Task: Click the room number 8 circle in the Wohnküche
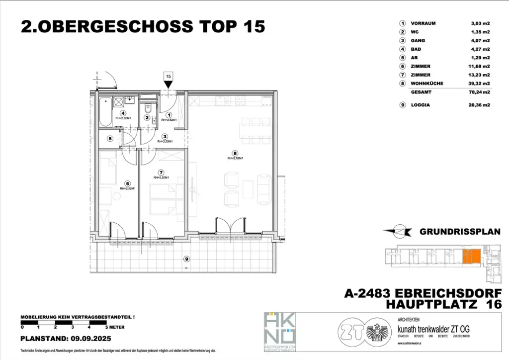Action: click(x=235, y=153)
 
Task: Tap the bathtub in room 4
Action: click(x=105, y=112)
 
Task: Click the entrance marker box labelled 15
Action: click(x=169, y=76)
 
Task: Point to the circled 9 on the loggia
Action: click(x=186, y=259)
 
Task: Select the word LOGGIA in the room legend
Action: click(x=421, y=105)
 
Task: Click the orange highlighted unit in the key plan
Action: click(x=472, y=257)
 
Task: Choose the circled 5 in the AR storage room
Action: click(x=110, y=139)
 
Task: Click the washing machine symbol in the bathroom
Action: click(x=119, y=102)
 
